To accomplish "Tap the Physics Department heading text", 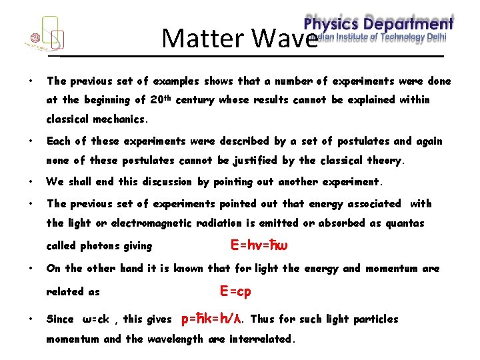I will [x=379, y=23].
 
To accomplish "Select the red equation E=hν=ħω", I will [x=259, y=245].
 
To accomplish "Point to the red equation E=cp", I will [x=235, y=291].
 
